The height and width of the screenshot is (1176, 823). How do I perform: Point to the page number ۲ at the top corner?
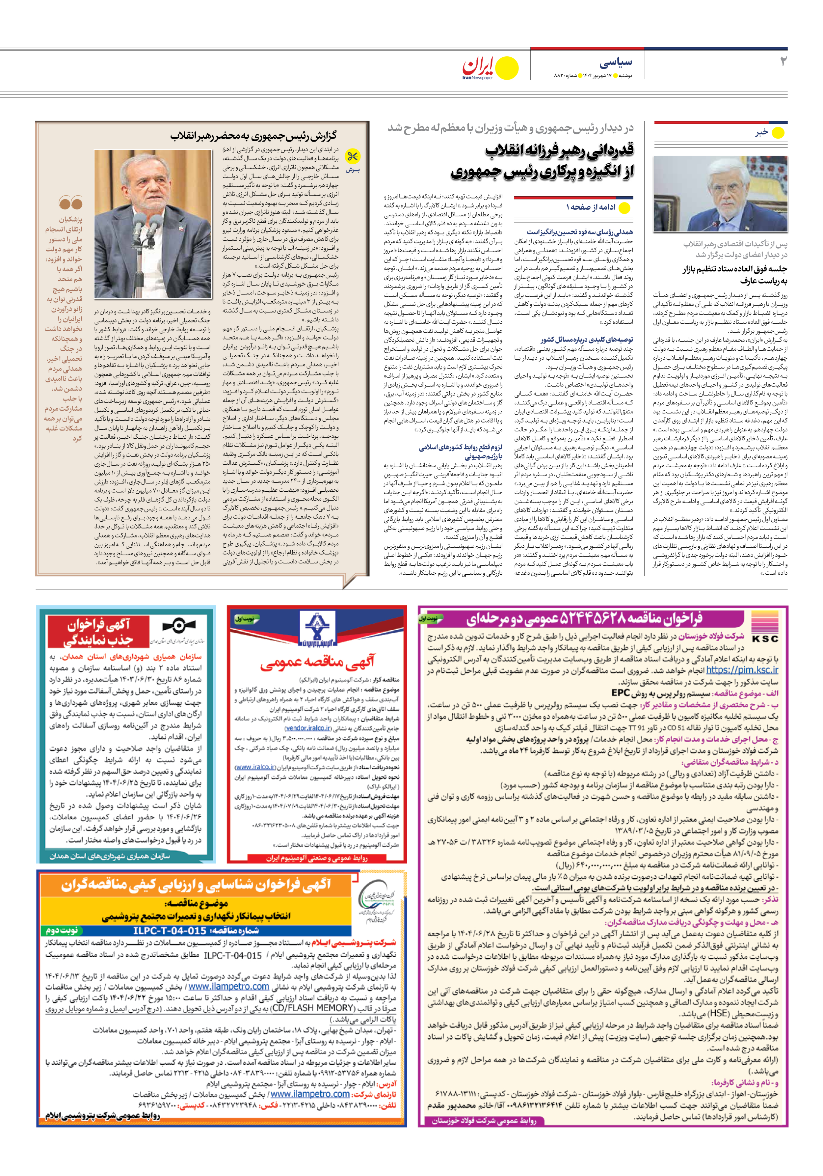click(x=783, y=62)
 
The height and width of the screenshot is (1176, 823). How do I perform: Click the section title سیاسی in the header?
click(x=616, y=63)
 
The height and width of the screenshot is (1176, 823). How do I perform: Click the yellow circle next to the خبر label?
click(x=778, y=133)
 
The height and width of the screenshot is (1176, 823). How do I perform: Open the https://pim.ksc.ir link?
click(x=742, y=670)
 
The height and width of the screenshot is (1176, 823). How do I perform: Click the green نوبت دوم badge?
click(x=62, y=930)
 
